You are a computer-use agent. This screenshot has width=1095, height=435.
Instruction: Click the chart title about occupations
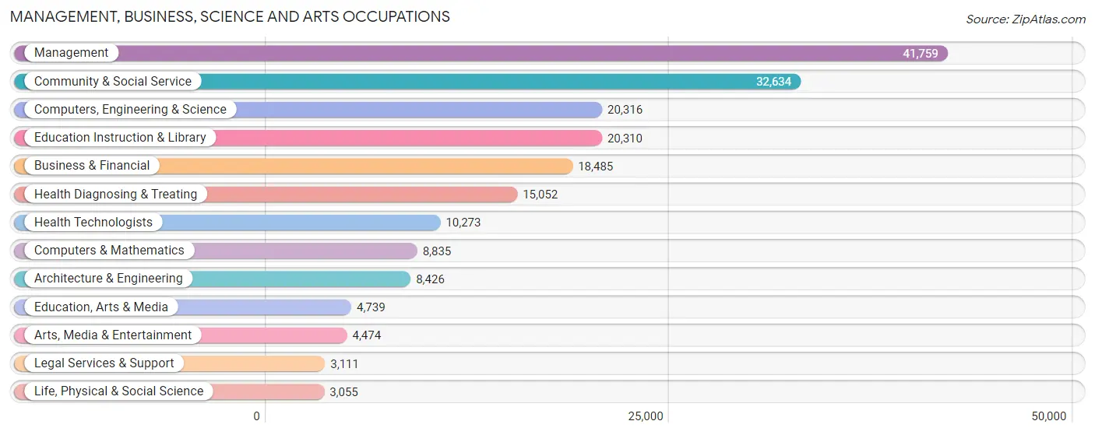(230, 16)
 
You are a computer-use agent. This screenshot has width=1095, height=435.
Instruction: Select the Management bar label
(71, 53)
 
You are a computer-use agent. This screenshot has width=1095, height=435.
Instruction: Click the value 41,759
(920, 54)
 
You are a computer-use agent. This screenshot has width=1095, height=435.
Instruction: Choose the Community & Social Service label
(112, 81)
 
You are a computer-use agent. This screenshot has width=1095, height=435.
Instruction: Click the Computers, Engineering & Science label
(130, 110)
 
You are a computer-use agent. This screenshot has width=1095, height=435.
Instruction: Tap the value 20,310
(625, 139)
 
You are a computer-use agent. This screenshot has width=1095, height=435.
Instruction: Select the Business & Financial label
(92, 166)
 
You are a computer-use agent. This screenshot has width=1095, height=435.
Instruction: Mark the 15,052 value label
(540, 195)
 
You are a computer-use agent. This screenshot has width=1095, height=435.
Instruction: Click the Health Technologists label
(93, 222)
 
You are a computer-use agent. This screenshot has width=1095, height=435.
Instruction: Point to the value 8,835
(437, 251)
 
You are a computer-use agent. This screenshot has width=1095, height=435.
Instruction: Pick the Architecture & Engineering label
(108, 279)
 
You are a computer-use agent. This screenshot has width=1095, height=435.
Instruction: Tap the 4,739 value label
(371, 307)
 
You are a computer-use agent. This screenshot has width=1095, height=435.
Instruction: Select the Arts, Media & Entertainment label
(113, 335)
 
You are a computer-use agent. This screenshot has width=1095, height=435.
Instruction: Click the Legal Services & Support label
(104, 363)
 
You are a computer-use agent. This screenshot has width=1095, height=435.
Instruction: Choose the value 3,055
(343, 392)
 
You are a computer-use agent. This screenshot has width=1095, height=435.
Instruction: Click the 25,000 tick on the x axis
(646, 416)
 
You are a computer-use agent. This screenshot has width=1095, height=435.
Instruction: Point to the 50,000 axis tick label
(1048, 416)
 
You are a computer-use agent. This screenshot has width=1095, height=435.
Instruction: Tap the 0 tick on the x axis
(256, 416)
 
